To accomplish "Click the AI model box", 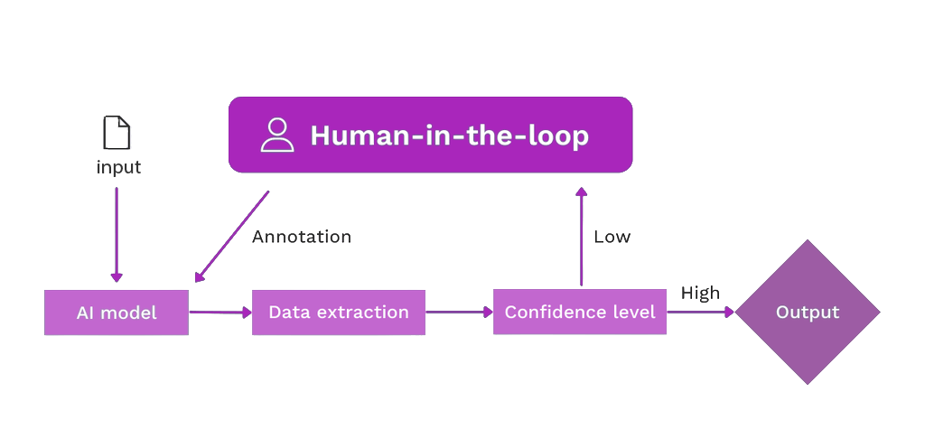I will tap(117, 313).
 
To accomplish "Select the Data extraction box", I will tap(339, 313).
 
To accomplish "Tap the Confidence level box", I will tap(579, 313).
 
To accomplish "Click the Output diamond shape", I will tap(808, 313).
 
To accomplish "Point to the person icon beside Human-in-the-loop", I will tap(277, 135).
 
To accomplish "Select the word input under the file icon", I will tap(118, 168).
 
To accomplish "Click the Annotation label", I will tap(301, 237).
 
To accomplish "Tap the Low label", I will tap(612, 237).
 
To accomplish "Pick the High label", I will tap(699, 293).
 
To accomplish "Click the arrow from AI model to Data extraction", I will tap(220, 313).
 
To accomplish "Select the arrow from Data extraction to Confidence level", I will tap(459, 313).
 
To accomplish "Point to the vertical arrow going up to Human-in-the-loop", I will tap(582, 237).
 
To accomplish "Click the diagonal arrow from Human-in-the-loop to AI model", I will tap(231, 237).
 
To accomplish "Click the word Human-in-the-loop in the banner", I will tap(449, 135).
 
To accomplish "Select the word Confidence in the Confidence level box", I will tap(548, 313).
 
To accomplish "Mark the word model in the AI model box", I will tap(128, 313).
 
